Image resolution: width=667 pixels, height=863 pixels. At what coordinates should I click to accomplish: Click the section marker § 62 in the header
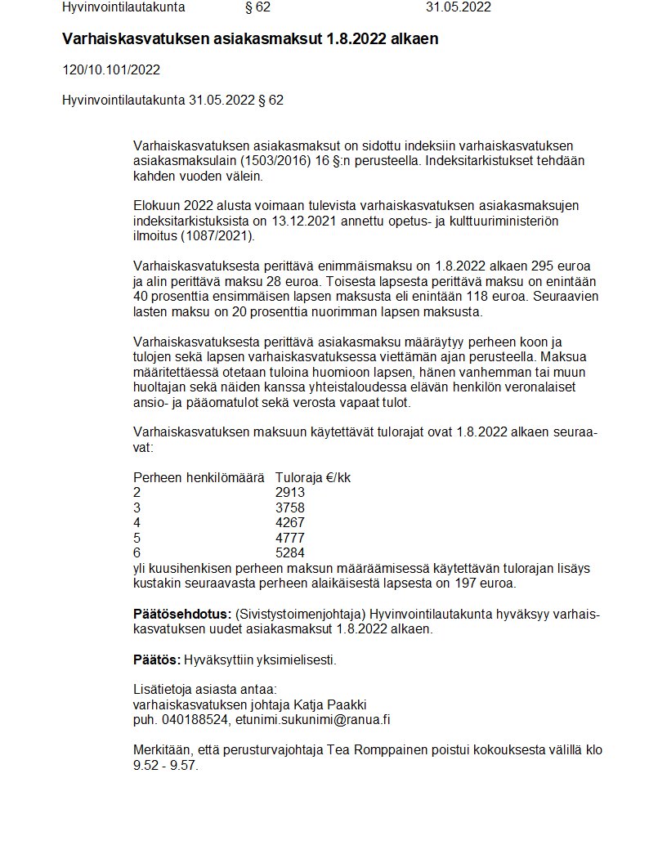click(x=257, y=7)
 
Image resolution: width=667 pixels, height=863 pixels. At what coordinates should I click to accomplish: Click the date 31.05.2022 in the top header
click(x=458, y=7)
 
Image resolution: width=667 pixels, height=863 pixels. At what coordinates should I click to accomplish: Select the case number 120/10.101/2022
click(x=111, y=69)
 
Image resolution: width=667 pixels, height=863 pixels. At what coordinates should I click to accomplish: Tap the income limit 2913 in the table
click(x=290, y=492)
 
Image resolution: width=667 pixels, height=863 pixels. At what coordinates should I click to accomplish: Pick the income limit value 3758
click(x=290, y=508)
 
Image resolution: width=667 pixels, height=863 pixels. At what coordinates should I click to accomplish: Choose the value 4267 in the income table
click(x=290, y=522)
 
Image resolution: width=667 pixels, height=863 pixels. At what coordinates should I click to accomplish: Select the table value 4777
click(x=290, y=538)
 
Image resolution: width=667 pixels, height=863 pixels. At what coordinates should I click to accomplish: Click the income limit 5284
click(x=290, y=553)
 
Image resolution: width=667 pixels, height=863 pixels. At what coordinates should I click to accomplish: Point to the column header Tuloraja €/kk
click(x=312, y=477)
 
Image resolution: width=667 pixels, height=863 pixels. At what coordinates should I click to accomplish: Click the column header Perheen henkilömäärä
click(x=199, y=477)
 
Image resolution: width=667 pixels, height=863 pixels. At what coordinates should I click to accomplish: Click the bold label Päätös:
click(x=156, y=660)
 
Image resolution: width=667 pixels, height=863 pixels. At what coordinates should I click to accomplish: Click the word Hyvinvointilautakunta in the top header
click(x=123, y=7)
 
